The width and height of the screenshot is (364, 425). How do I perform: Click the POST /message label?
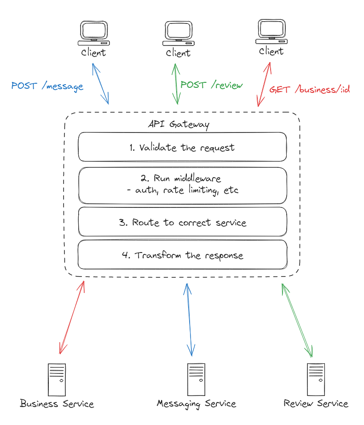click(x=47, y=86)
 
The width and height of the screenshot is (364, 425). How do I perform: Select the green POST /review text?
click(x=212, y=85)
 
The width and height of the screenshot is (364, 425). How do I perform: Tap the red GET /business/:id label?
click(x=309, y=89)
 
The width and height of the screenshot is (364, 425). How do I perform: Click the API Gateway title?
click(x=179, y=124)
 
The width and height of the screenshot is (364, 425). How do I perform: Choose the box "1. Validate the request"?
click(x=182, y=147)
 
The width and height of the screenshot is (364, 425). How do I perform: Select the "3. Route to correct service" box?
click(x=182, y=223)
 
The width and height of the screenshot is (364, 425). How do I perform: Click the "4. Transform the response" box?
click(x=182, y=255)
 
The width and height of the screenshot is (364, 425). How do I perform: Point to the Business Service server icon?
click(x=57, y=379)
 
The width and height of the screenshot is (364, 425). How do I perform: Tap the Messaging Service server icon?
click(x=196, y=379)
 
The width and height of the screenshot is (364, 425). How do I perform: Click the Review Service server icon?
click(x=316, y=379)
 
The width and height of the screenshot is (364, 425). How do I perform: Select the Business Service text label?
click(x=57, y=404)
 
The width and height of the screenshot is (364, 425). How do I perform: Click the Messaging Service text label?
click(x=196, y=404)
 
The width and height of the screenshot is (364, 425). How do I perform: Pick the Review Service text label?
click(x=316, y=404)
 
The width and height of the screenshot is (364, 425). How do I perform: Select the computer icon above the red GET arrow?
click(x=271, y=31)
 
